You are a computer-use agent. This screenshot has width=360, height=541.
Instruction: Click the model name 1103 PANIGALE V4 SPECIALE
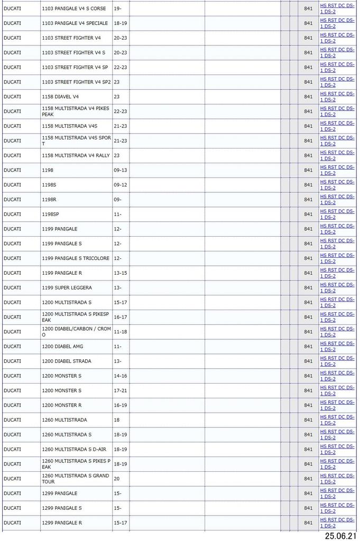coord(75,23)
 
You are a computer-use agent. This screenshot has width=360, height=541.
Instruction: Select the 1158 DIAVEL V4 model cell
coord(60,97)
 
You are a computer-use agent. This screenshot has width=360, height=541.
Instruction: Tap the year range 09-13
coord(120,170)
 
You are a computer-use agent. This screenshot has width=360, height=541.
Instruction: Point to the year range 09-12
coord(120,185)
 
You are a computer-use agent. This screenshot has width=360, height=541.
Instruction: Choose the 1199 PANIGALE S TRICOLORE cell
coord(76,258)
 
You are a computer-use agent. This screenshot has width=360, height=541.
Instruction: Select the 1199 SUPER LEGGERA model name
coord(67,288)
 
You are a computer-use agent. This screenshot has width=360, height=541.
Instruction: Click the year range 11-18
coord(120,332)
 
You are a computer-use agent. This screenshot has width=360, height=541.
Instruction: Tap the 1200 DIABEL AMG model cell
coord(62,347)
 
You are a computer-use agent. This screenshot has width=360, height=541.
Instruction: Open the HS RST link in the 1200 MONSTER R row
coord(337,405)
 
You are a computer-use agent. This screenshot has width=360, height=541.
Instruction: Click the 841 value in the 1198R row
coord(308,200)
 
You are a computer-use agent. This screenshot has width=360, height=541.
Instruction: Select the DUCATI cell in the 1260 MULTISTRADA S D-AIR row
coord(12,450)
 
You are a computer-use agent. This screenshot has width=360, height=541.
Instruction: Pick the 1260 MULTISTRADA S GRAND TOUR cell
coord(76,479)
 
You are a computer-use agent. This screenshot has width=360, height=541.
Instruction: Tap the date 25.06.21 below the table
coord(340,536)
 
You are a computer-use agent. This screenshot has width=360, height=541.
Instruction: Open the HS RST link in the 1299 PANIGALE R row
coord(337,523)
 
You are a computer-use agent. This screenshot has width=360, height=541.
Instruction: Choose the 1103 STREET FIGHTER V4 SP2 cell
coord(76,82)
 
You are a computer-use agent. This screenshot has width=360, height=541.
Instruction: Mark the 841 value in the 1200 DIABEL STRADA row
coord(308,361)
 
